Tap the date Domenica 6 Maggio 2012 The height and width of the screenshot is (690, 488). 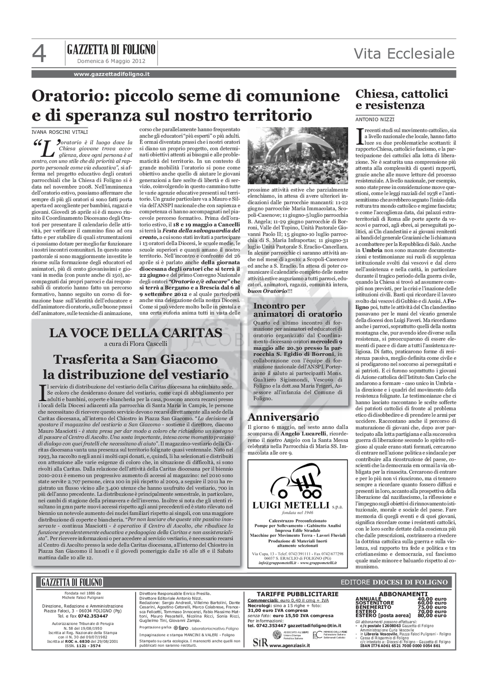coord(111,61)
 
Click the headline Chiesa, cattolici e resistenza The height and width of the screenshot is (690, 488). coord(402,100)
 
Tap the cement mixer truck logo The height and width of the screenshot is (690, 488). coord(297,484)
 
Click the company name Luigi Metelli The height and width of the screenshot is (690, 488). coord(291,505)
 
